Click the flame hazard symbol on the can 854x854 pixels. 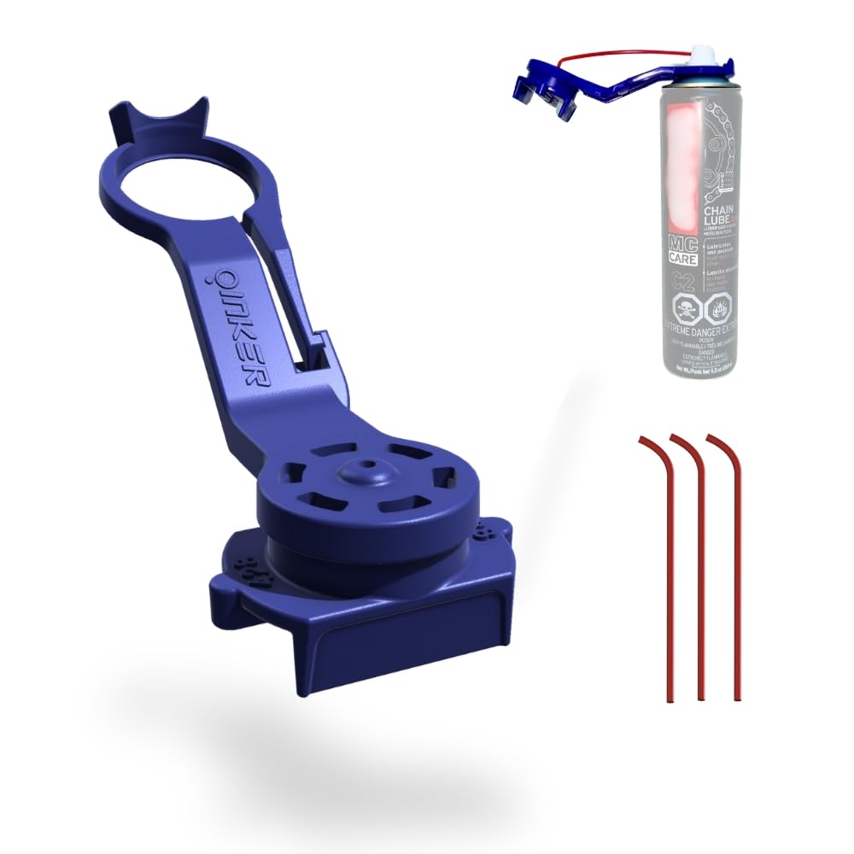coord(719,309)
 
